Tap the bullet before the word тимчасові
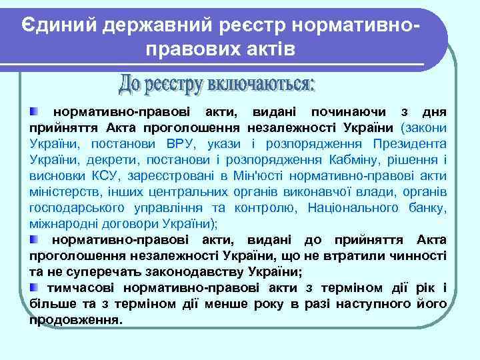pyautogui.click(x=34, y=287)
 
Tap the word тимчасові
pyautogui.click(x=79, y=287)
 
